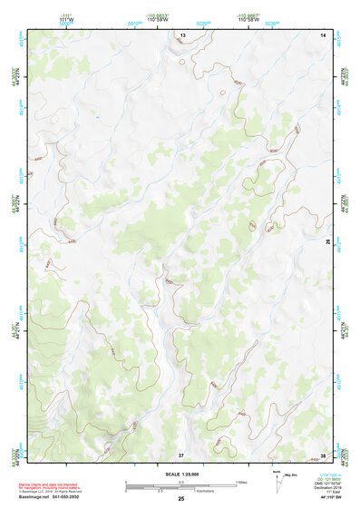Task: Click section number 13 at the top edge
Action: (182, 34)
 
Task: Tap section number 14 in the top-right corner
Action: (324, 34)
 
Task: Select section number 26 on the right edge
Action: (328, 242)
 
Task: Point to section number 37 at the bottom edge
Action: (181, 453)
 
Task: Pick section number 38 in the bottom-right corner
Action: (324, 453)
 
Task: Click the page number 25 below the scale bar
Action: (181, 499)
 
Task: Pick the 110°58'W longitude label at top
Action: (249, 19)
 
